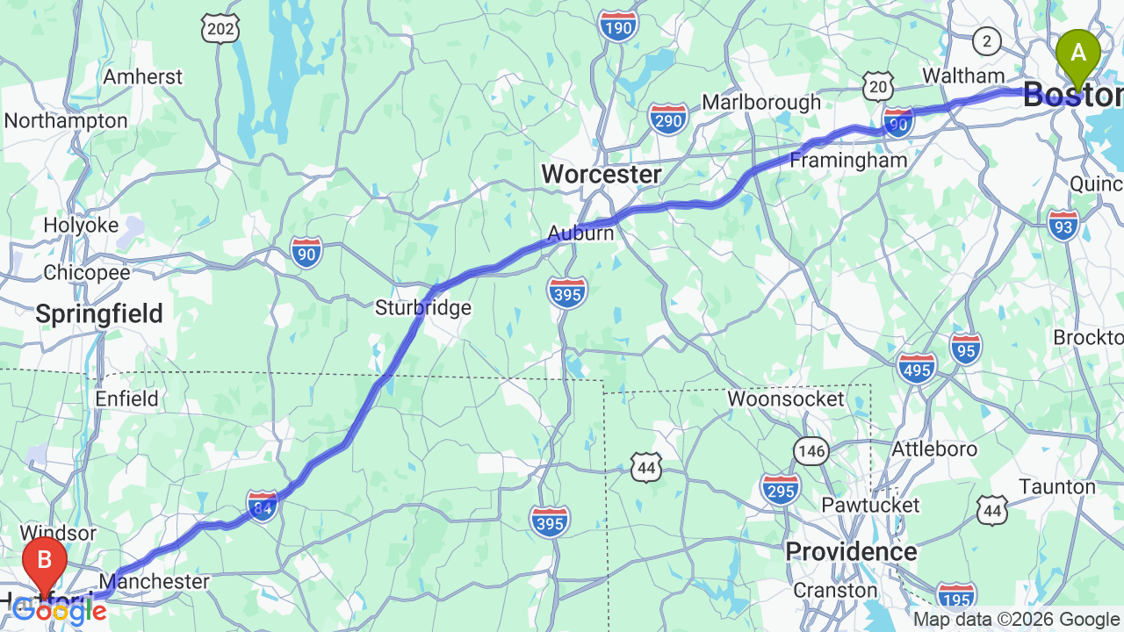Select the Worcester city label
[601, 174]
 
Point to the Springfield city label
[99, 313]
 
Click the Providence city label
[851, 551]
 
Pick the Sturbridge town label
[423, 308]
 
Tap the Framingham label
[848, 161]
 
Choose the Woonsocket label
[786, 399]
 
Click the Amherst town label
[143, 76]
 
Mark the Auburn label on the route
[580, 233]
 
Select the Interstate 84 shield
[262, 506]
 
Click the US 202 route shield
[220, 29]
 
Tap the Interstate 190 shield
[618, 26]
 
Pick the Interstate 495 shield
[917, 369]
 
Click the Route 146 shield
[812, 451]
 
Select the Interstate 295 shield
[781, 489]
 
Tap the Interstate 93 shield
[1063, 226]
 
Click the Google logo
[59, 611]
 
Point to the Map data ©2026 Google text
[1016, 620]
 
